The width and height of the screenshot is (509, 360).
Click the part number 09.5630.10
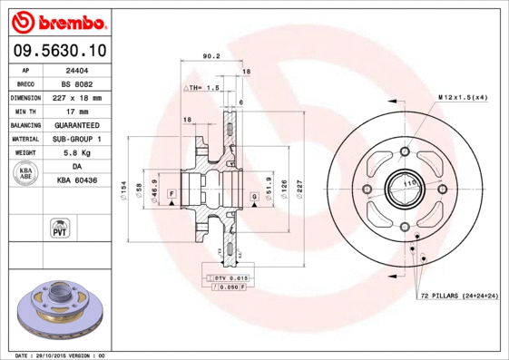click(60, 50)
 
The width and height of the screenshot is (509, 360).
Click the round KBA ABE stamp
click(26, 174)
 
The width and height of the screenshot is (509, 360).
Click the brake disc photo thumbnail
click(60, 307)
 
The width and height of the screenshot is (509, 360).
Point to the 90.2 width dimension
click(210, 56)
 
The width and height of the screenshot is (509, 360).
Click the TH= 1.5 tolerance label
click(204, 88)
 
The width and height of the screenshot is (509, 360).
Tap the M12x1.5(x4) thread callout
click(463, 96)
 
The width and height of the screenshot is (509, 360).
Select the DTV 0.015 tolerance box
click(230, 277)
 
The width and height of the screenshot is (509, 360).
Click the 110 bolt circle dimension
click(408, 184)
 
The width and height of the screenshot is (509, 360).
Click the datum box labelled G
click(255, 196)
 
